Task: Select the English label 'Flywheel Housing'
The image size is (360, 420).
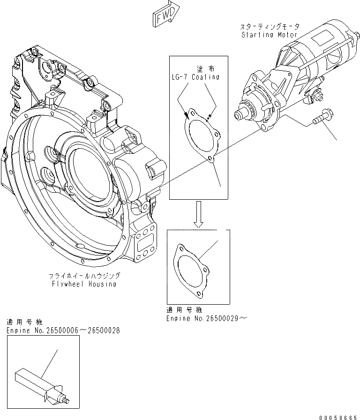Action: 84,284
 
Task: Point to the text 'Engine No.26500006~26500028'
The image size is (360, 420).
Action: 63,330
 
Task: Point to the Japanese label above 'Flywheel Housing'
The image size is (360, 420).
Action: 84,276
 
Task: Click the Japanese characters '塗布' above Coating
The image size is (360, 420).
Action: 203,68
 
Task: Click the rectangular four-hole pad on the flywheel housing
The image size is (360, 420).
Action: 145,246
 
